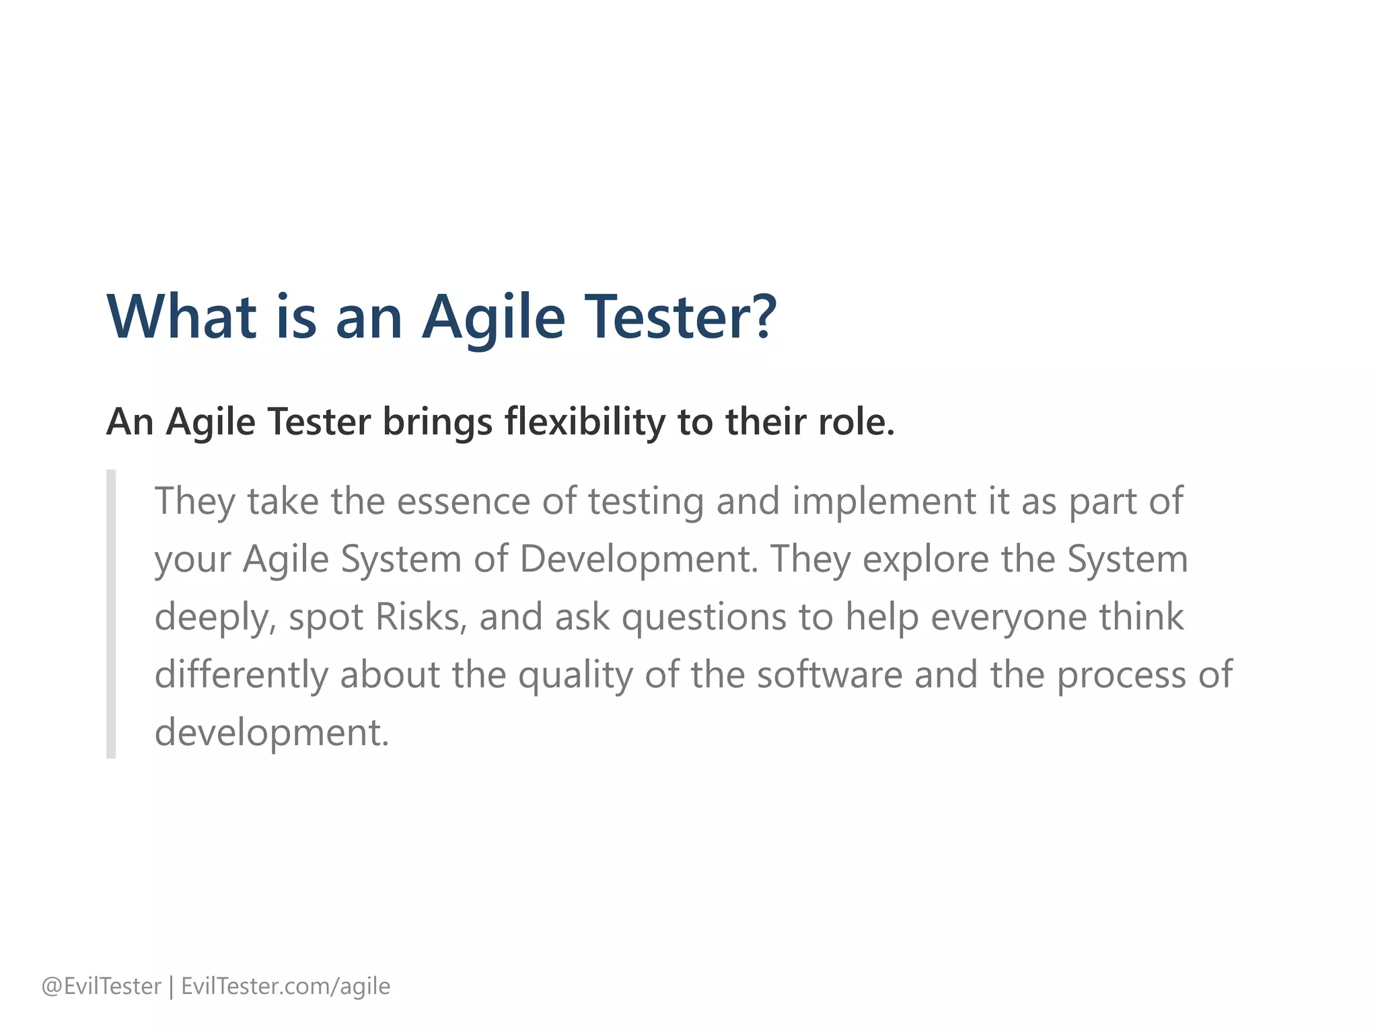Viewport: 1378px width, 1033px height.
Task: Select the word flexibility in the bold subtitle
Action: click(585, 422)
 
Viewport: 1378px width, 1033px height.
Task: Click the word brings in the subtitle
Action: click(437, 422)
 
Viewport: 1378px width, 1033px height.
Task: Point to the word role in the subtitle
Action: click(855, 422)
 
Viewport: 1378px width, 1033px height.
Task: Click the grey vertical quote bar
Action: click(111, 613)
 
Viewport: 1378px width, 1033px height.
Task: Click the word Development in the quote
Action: click(639, 560)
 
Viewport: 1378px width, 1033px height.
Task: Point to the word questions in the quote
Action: click(704, 617)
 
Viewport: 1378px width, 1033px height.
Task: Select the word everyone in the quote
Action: click(1009, 617)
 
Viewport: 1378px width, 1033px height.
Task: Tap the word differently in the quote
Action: click(241, 675)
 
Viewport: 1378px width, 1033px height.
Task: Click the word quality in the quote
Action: click(575, 675)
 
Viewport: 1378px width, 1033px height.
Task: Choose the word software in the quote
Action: click(829, 675)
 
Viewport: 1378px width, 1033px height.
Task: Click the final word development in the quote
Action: click(271, 732)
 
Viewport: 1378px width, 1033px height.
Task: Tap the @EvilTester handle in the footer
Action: click(102, 986)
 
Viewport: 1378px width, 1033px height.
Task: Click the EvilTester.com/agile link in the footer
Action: click(285, 986)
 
